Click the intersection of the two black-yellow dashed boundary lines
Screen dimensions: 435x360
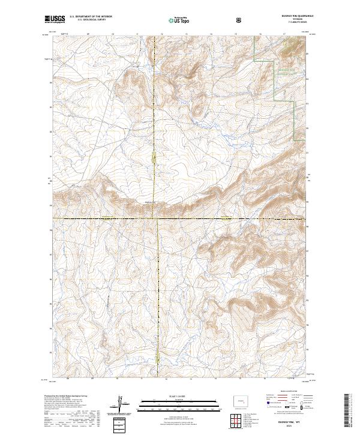click(157, 218)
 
